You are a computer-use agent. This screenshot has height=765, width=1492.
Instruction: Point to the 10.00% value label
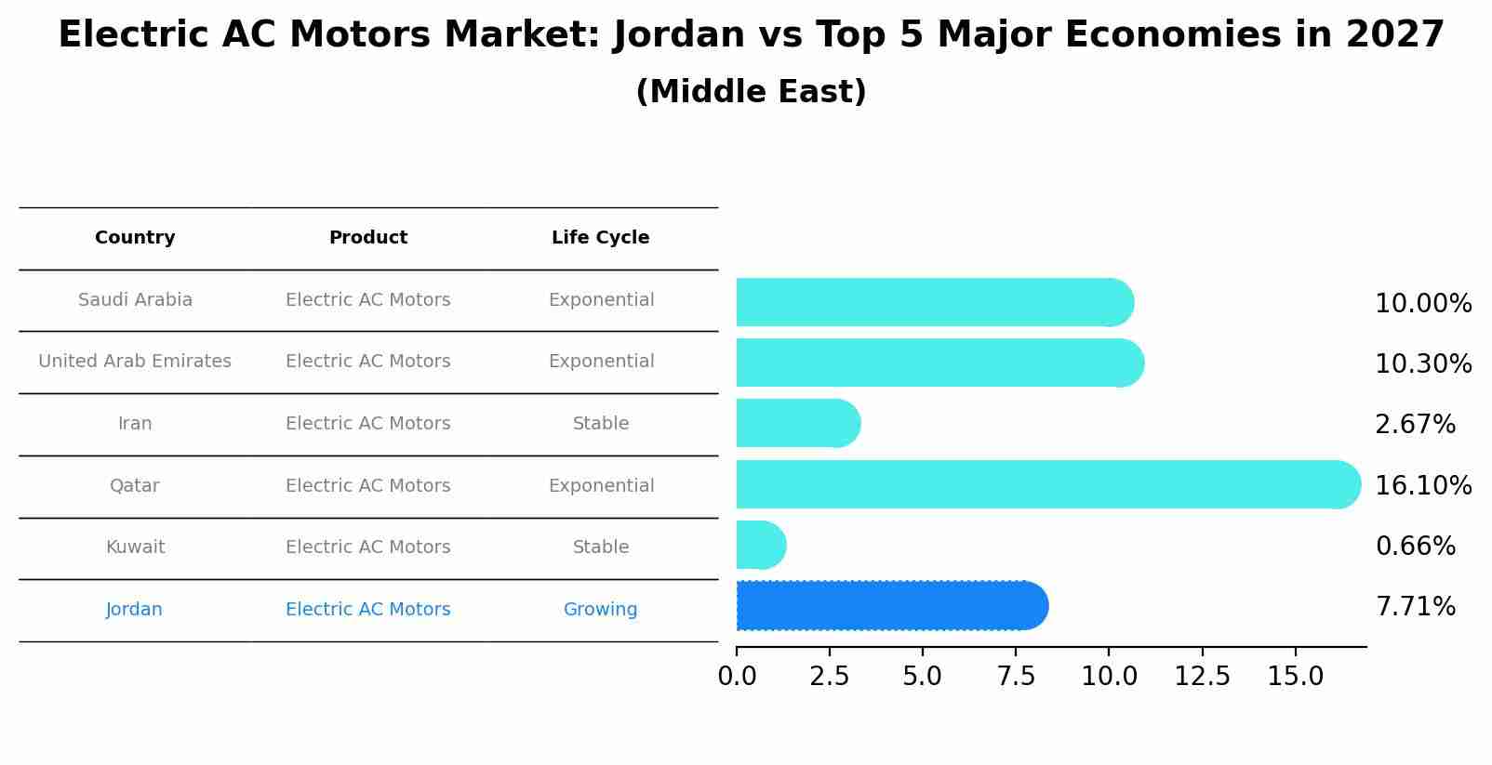(x=1422, y=304)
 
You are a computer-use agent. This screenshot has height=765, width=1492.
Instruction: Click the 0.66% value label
(x=1415, y=547)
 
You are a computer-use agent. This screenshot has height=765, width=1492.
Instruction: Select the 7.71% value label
(x=1415, y=607)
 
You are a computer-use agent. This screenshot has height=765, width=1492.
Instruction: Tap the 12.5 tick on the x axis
(x=1202, y=677)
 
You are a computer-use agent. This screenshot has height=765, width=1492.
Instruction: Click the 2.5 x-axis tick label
(x=829, y=677)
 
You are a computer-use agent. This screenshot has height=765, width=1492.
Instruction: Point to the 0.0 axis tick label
(x=737, y=677)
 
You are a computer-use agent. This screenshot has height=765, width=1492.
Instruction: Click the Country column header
(x=135, y=238)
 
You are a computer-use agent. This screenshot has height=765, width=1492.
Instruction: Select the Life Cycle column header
(x=600, y=238)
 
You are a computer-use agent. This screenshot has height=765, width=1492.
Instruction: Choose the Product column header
(x=368, y=238)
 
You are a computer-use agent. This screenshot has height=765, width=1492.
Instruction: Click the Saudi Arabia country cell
(x=135, y=300)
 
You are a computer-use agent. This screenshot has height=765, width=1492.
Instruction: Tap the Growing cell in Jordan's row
(x=600, y=610)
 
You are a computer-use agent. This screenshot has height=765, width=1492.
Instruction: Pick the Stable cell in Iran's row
(x=600, y=424)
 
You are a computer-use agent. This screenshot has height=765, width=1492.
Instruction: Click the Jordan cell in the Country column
(x=134, y=610)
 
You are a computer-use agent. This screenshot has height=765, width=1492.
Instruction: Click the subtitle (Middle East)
(x=751, y=92)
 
